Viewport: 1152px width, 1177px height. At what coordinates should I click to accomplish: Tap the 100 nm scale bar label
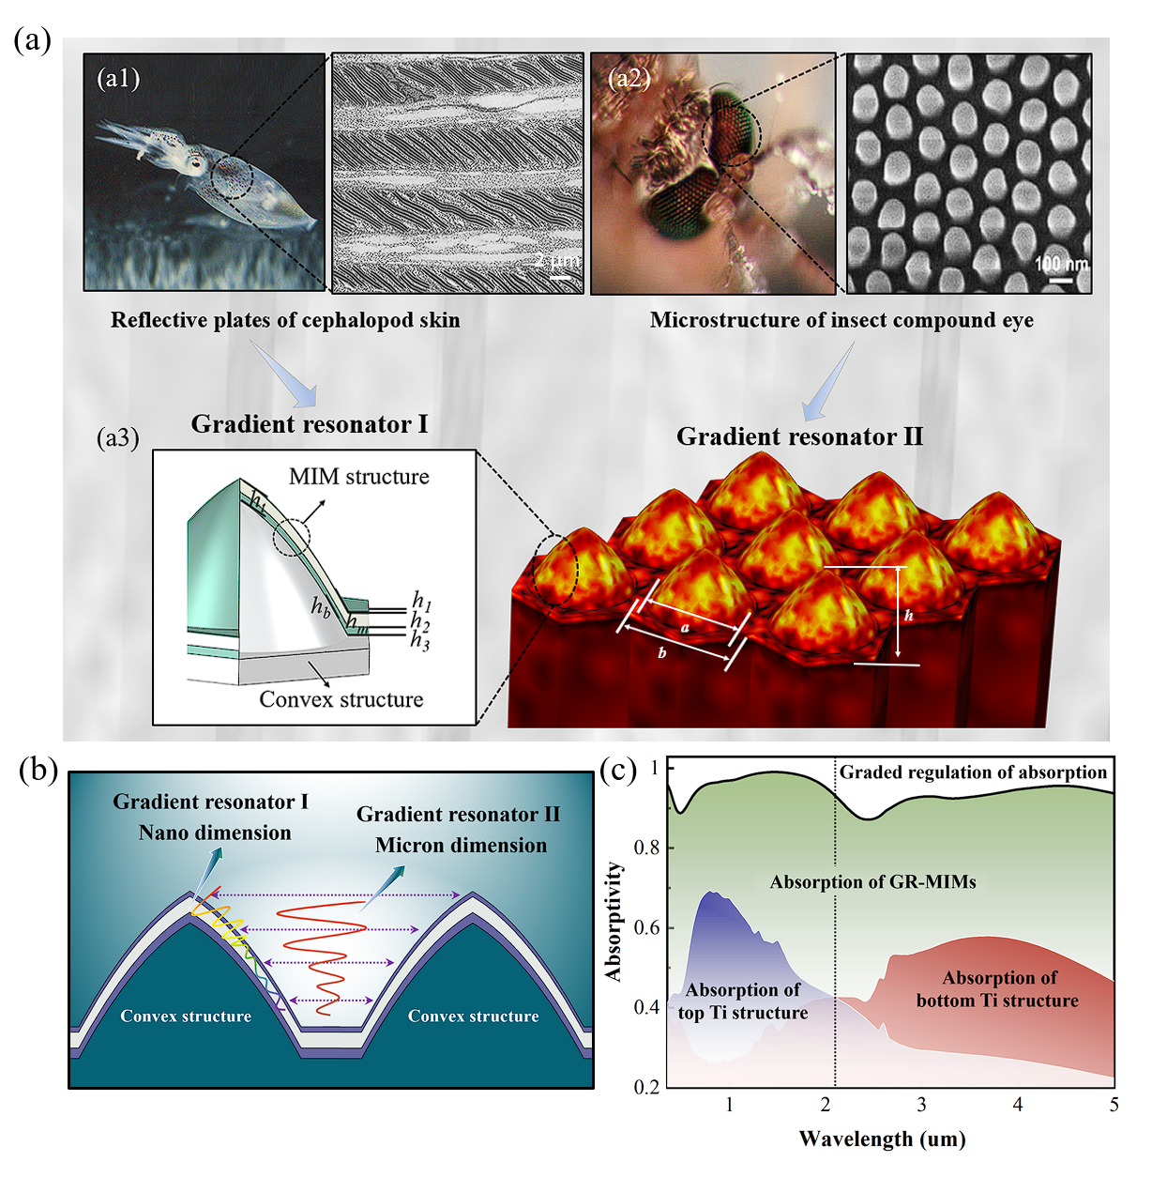pyautogui.click(x=1061, y=264)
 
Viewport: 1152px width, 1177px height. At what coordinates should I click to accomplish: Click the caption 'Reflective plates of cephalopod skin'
pyautogui.click(x=285, y=320)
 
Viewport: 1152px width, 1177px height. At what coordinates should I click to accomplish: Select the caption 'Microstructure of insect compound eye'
pyautogui.click(x=841, y=320)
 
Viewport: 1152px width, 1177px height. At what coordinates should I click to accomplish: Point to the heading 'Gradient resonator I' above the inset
pyautogui.click(x=309, y=424)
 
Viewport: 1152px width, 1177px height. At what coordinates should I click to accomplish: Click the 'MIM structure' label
pyautogui.click(x=358, y=477)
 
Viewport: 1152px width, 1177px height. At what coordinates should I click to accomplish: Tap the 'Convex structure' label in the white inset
pyautogui.click(x=341, y=699)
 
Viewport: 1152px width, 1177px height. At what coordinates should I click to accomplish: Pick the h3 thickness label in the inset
pyautogui.click(x=419, y=641)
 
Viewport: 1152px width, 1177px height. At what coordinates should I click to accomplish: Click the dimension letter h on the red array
pyautogui.click(x=908, y=616)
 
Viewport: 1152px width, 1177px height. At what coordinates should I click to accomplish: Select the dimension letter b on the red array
pyautogui.click(x=662, y=652)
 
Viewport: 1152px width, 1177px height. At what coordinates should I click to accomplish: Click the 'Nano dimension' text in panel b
pyautogui.click(x=215, y=833)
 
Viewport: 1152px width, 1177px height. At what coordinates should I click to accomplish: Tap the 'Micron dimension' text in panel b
pyautogui.click(x=461, y=845)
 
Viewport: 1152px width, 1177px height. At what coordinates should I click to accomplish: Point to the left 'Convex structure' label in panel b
pyautogui.click(x=186, y=1016)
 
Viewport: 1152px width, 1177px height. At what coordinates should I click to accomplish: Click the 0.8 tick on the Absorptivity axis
pyautogui.click(x=647, y=848)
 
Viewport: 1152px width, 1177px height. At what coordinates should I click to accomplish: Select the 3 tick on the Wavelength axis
pyautogui.click(x=921, y=1105)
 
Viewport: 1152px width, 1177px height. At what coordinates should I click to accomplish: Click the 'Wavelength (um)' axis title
pyautogui.click(x=882, y=1139)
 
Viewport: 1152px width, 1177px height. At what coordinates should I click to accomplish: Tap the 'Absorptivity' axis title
pyautogui.click(x=614, y=922)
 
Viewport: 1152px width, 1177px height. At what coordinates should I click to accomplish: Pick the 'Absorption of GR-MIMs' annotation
pyautogui.click(x=872, y=881)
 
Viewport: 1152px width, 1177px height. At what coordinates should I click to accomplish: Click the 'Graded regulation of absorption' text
pyautogui.click(x=973, y=772)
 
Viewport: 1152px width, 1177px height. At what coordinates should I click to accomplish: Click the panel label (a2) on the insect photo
pyautogui.click(x=629, y=78)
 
